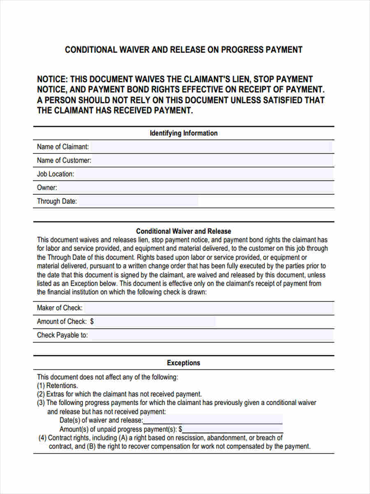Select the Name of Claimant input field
[x=210, y=147]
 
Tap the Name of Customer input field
[x=212, y=161]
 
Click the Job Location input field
[x=204, y=174]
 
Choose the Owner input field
[x=195, y=188]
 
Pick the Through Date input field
[x=138, y=201]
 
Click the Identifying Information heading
[x=183, y=133]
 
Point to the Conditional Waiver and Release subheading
[x=183, y=231]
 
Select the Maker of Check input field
[x=208, y=308]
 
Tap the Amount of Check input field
[x=155, y=322]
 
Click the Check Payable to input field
[x=210, y=335]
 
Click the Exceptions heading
[x=183, y=363]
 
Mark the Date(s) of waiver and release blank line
[x=213, y=420]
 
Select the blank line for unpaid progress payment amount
[x=233, y=429]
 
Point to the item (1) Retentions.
[x=58, y=386]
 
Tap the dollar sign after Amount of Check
[x=92, y=322]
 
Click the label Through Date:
[x=57, y=202]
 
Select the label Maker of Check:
[x=60, y=308]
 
